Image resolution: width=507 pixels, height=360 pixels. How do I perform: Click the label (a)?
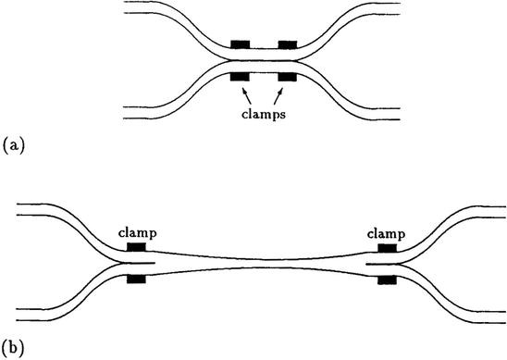[x=12, y=145]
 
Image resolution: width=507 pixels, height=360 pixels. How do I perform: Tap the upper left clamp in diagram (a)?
[x=241, y=44]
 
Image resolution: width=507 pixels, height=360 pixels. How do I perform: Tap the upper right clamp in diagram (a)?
[x=288, y=44]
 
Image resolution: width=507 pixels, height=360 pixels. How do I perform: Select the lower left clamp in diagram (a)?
[x=241, y=76]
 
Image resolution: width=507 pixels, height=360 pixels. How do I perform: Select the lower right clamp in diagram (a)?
[x=288, y=76]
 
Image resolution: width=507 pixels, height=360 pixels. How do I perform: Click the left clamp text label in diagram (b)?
[x=136, y=233]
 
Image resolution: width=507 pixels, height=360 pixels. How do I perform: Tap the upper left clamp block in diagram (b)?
[x=136, y=248]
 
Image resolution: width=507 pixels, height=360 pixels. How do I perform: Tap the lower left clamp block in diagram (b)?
[x=136, y=279]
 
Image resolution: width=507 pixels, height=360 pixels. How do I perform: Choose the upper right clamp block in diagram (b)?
[x=385, y=248]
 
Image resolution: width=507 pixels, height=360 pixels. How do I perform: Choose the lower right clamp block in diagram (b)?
[x=385, y=279]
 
